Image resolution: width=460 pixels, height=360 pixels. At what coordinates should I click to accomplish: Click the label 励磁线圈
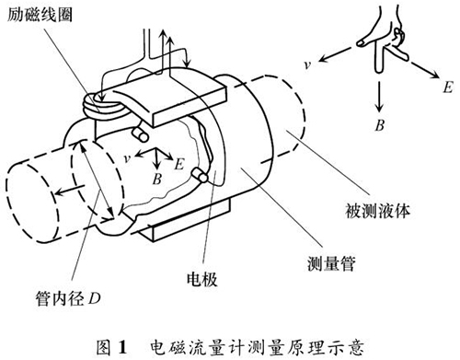click(x=40, y=14)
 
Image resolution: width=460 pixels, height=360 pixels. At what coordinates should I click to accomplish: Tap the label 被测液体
click(x=377, y=211)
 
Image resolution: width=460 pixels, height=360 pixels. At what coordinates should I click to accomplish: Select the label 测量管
click(x=331, y=263)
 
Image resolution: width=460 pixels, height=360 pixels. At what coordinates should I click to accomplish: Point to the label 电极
click(x=202, y=279)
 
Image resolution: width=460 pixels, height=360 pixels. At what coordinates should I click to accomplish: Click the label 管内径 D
click(x=68, y=298)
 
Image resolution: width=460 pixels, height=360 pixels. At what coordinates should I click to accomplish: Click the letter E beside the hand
click(x=448, y=87)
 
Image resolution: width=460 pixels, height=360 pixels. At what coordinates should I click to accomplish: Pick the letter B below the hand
click(x=380, y=125)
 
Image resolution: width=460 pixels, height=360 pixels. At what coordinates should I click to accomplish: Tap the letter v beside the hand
click(x=308, y=64)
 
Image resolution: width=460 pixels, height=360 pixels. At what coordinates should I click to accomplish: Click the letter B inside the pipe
click(x=157, y=179)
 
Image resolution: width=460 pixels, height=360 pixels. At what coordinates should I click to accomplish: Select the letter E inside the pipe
click(x=178, y=164)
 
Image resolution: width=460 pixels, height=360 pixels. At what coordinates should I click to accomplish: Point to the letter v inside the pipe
click(x=127, y=158)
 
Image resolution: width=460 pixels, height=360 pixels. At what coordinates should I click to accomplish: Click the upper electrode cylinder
click(x=140, y=134)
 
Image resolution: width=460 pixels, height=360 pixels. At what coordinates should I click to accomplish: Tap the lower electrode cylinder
click(x=200, y=175)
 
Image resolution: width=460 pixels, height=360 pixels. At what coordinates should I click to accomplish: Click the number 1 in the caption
click(x=122, y=347)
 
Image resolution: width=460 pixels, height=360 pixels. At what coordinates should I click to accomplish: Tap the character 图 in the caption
click(x=103, y=347)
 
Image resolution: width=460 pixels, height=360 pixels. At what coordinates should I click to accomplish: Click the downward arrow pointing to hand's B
click(x=380, y=97)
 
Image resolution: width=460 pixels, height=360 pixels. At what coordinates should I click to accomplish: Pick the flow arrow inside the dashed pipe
click(x=70, y=190)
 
